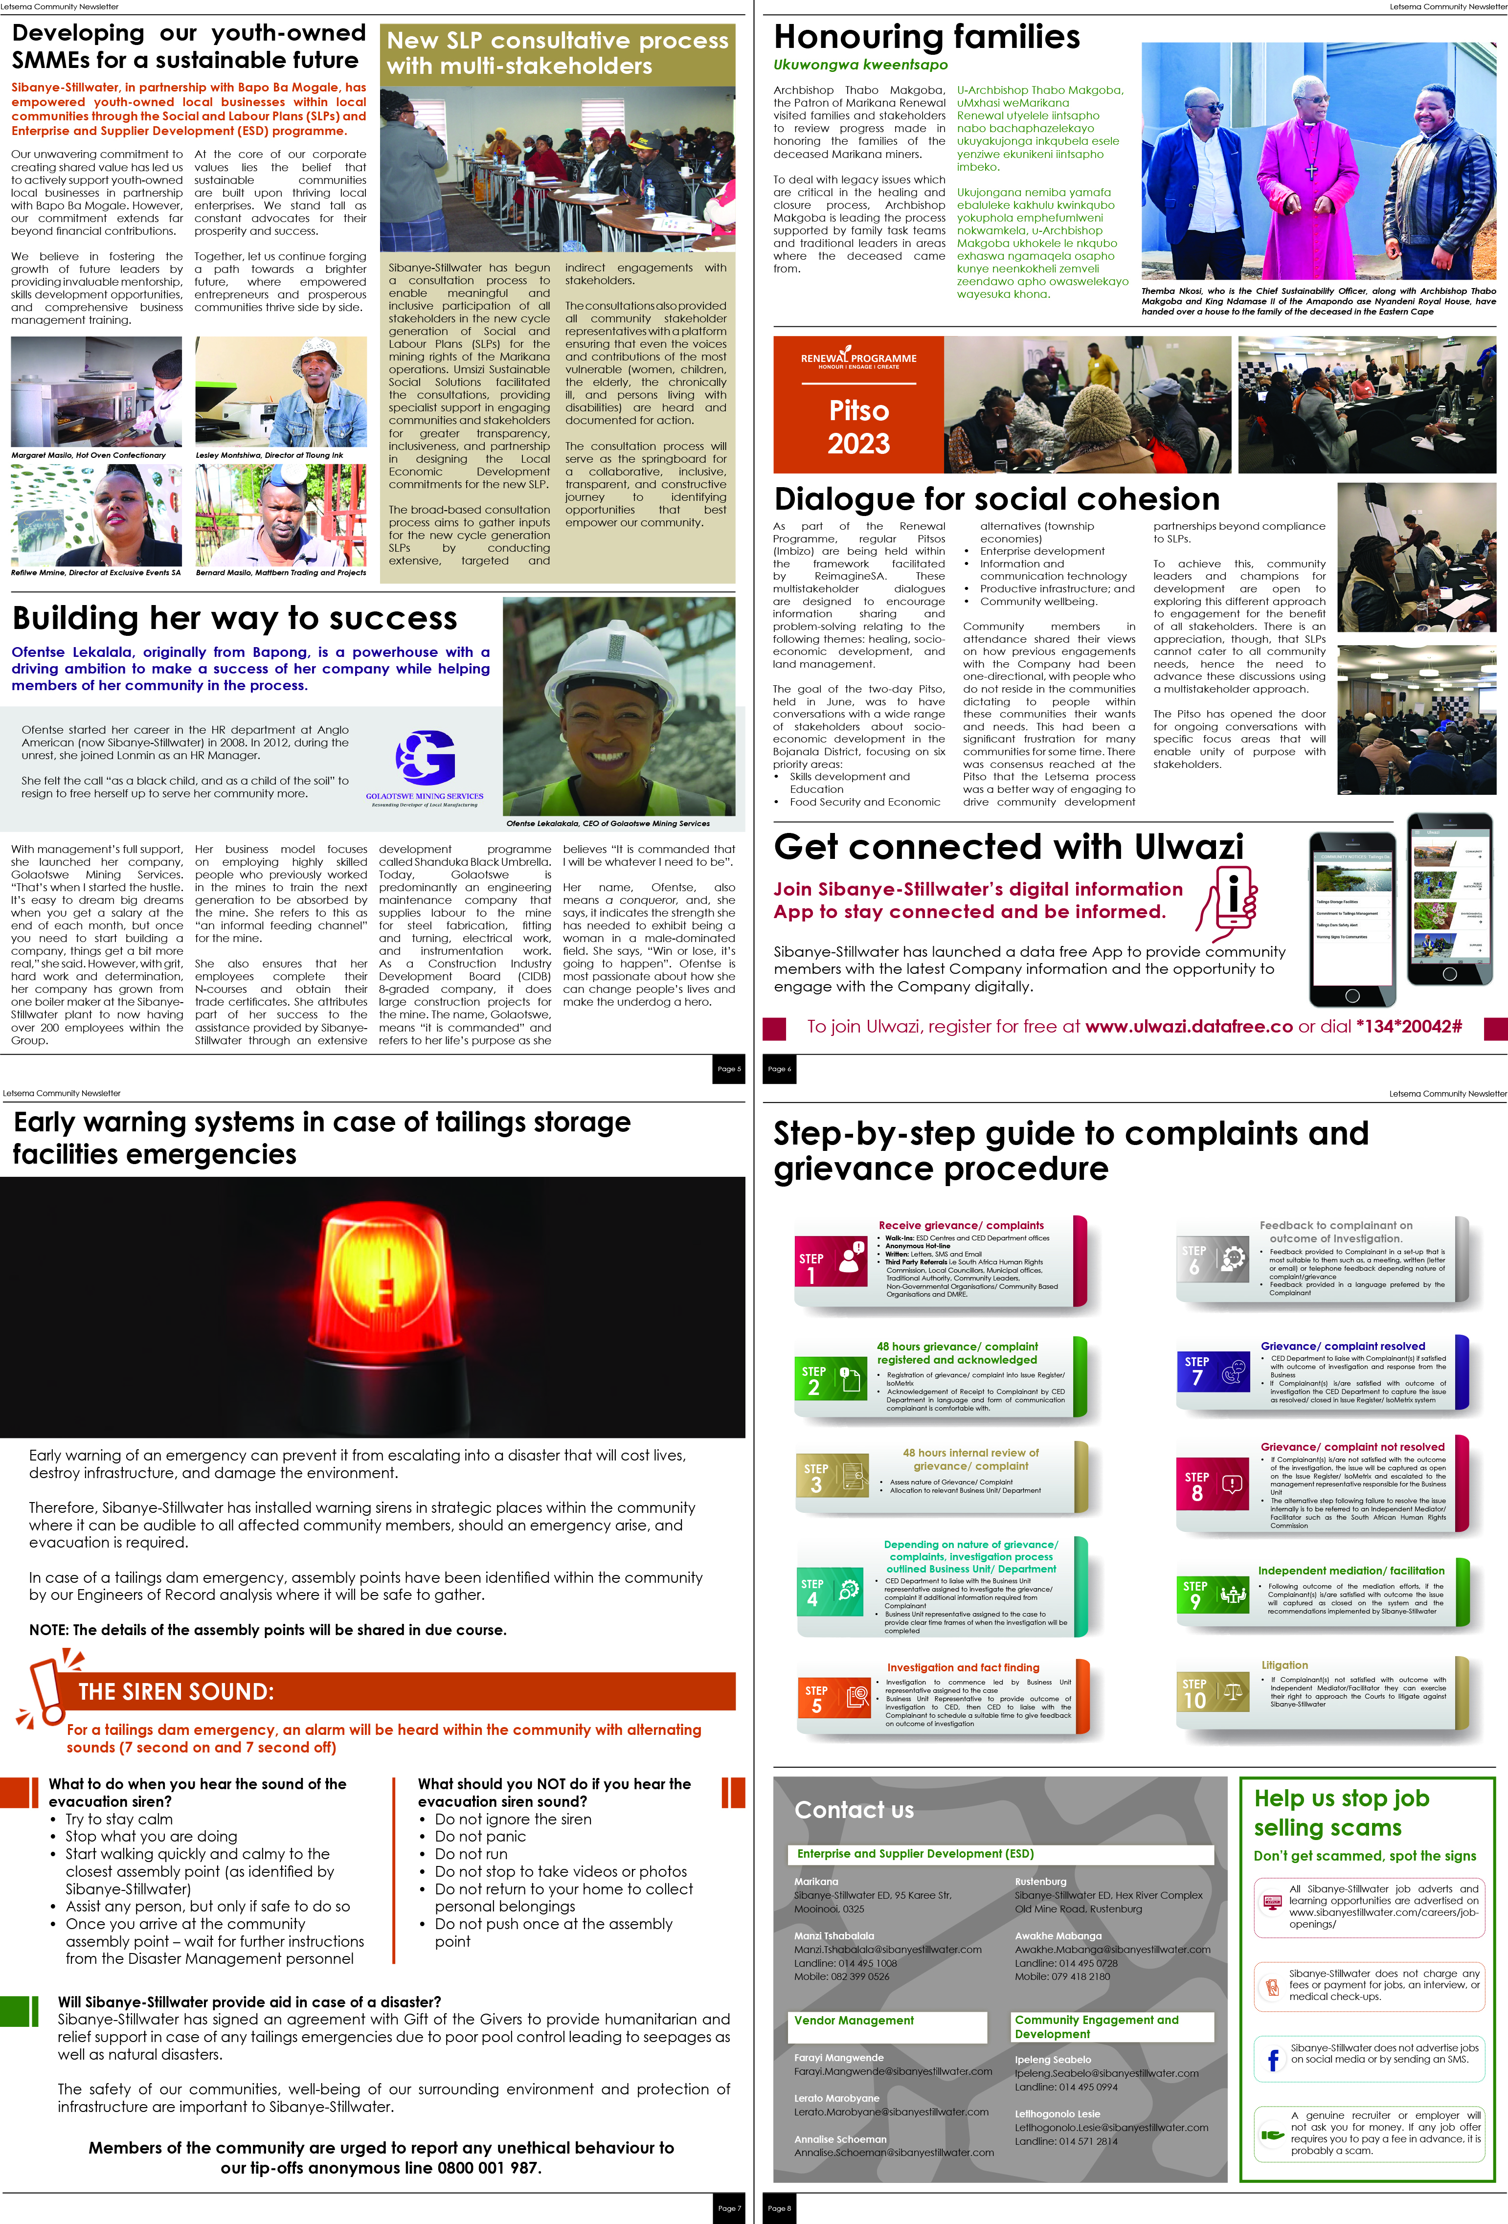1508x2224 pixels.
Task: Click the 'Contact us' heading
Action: pos(854,1809)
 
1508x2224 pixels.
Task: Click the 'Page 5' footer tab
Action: pos(729,1069)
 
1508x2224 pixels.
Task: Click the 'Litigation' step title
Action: pos(1284,1665)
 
